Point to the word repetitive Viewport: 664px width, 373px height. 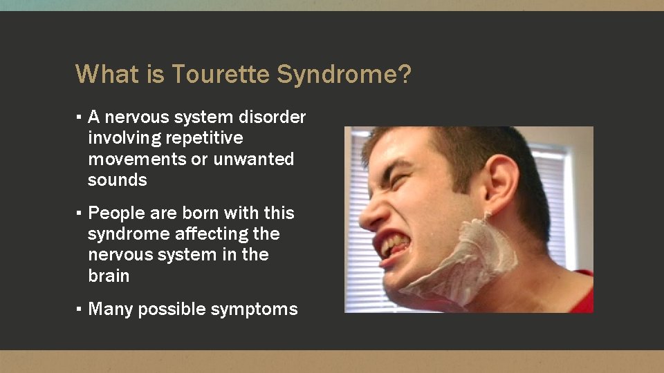click(x=204, y=138)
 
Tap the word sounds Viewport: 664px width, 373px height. click(x=117, y=180)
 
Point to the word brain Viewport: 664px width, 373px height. click(x=109, y=276)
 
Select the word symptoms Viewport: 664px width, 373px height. click(x=261, y=309)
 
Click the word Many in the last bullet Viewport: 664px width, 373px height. click(x=111, y=309)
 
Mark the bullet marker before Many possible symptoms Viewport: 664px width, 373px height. click(x=80, y=309)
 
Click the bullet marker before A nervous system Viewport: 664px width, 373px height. click(x=80, y=117)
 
